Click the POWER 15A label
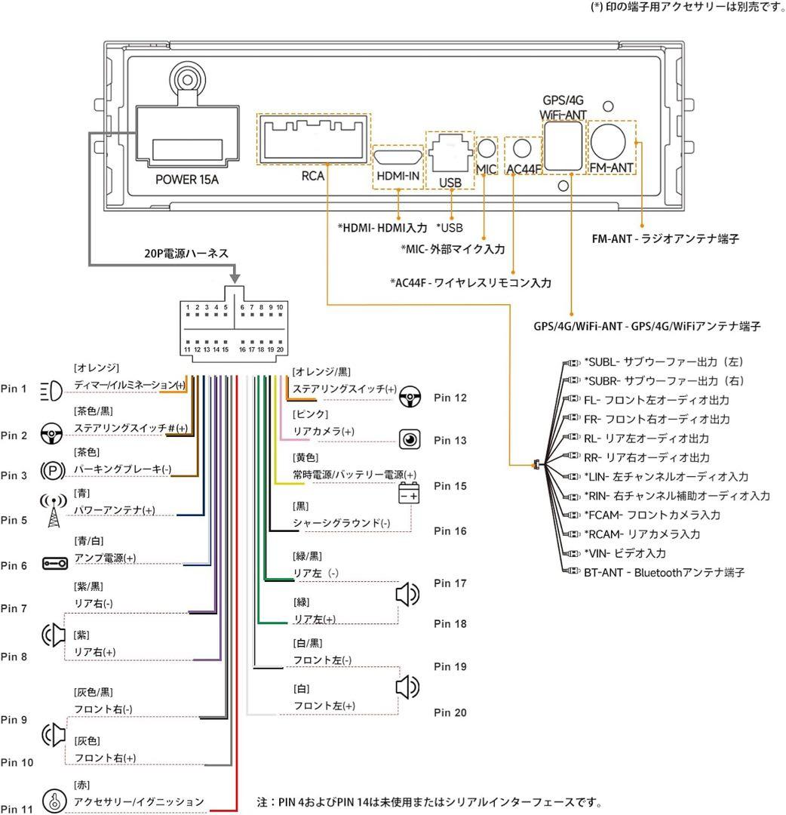tap(186, 180)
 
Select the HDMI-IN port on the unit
tap(398, 157)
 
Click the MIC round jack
tap(488, 149)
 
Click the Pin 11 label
tap(17, 808)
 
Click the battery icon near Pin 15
tap(410, 494)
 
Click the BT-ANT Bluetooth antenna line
tap(664, 573)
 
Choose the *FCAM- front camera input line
tap(652, 515)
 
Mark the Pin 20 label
tap(450, 712)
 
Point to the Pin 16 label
tap(450, 531)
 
